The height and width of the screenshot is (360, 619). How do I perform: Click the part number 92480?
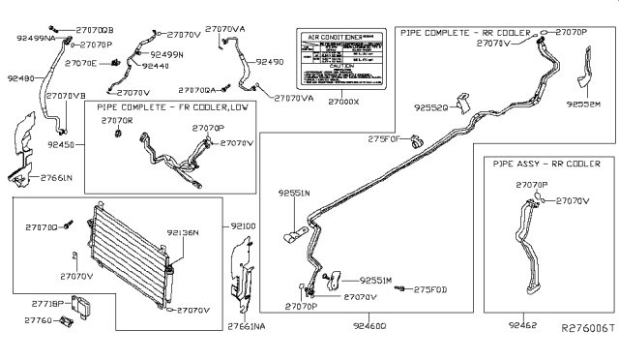[18, 78]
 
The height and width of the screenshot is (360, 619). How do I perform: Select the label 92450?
[63, 142]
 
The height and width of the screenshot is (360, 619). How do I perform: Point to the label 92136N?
[182, 232]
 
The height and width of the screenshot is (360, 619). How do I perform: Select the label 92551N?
[294, 193]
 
